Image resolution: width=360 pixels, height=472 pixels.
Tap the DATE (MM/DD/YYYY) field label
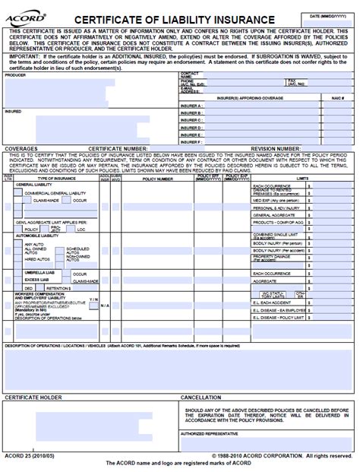point(326,15)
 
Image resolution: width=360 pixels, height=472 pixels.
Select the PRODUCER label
point(15,75)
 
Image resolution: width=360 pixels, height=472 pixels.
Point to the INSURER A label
point(191,106)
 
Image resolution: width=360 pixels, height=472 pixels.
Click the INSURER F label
point(191,141)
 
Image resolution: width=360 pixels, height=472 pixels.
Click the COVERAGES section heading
point(21,149)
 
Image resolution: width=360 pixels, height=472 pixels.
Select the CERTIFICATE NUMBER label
point(118,149)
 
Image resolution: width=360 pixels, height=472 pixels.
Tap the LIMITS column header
point(302,179)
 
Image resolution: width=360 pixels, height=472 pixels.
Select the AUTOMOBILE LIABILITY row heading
point(38,236)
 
